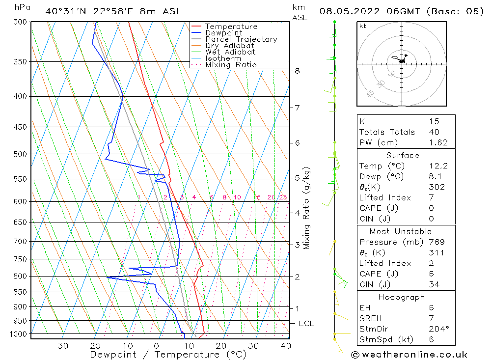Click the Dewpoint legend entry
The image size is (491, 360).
(x=223, y=33)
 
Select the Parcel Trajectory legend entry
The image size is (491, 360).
(x=241, y=39)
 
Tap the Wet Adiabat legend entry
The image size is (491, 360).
(x=230, y=52)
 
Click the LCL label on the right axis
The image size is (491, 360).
(x=306, y=324)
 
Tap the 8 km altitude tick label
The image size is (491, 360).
(x=297, y=71)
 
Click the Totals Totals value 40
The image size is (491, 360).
(x=434, y=132)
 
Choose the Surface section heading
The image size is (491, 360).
(x=403, y=155)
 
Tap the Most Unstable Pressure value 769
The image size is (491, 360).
(x=436, y=242)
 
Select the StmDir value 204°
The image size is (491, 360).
(x=437, y=329)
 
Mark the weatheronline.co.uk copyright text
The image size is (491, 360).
(x=409, y=355)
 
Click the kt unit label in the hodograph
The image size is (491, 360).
(x=363, y=26)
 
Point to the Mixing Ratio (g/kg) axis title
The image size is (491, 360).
(x=307, y=208)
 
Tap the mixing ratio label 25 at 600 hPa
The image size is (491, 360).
(x=283, y=197)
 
